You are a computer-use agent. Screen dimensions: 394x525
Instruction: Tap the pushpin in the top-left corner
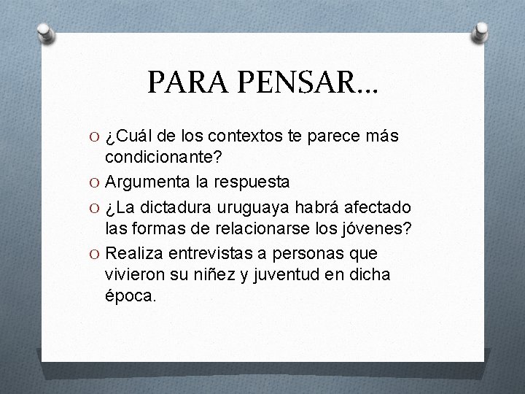pyautogui.click(x=45, y=32)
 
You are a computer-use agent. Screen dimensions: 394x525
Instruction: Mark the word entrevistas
pyautogui.click(x=218, y=253)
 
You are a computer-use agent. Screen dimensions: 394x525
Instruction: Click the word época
pyautogui.click(x=131, y=296)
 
